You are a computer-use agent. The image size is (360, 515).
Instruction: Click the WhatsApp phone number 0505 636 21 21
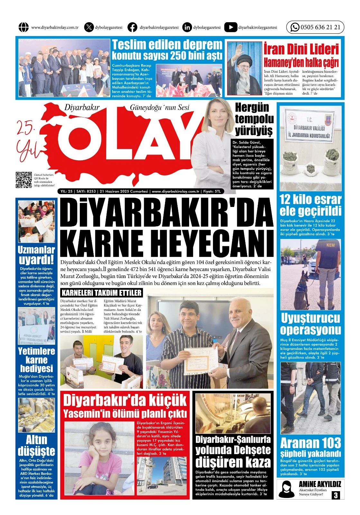click(320, 27)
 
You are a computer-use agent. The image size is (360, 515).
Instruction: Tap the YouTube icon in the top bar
click(230, 27)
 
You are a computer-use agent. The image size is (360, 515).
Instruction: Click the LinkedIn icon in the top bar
click(187, 27)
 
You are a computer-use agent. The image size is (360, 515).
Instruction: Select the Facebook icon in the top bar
click(132, 27)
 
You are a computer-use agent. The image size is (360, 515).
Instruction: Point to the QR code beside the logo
click(24, 180)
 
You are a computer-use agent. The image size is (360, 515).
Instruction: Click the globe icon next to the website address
click(23, 27)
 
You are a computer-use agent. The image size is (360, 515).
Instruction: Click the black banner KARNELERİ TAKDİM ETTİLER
click(101, 293)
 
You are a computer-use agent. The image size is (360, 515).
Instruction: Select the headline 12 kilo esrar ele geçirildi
click(310, 205)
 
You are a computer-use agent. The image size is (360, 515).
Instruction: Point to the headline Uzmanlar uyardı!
click(36, 255)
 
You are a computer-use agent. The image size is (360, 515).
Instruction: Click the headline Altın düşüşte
click(36, 445)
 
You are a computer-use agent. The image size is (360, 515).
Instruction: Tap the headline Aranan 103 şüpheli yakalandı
click(310, 447)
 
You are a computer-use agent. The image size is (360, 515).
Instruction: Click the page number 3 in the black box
click(336, 495)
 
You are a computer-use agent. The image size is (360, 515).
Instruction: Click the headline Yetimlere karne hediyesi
click(36, 360)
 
